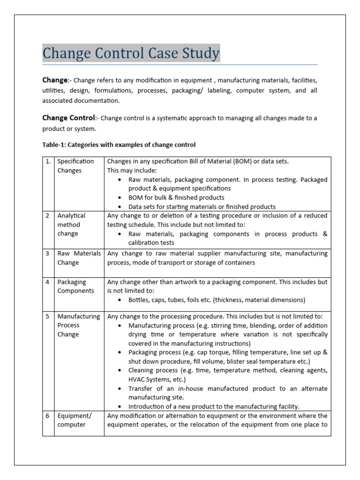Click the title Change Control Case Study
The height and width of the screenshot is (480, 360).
(x=131, y=53)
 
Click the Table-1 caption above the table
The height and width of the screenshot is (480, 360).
(x=119, y=144)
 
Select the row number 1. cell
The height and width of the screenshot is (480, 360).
(x=48, y=161)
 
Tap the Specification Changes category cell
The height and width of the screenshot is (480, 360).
(x=75, y=166)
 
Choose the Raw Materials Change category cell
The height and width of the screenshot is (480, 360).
(x=79, y=258)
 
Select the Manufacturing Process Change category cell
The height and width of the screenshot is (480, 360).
(x=78, y=325)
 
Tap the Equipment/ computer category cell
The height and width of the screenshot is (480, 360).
(x=74, y=420)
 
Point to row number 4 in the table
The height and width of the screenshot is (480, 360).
(x=48, y=282)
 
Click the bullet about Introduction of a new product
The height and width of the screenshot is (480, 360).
(x=214, y=406)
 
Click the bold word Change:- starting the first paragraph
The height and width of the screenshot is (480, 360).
(x=57, y=80)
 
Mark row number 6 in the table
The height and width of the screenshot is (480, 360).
(x=48, y=416)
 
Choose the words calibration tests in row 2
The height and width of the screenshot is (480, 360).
(x=151, y=243)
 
